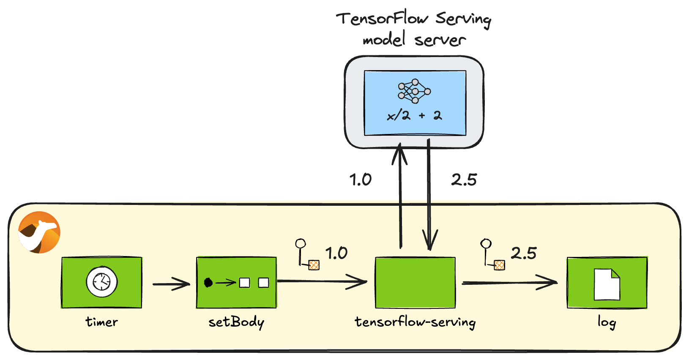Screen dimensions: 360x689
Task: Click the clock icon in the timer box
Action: point(101,281)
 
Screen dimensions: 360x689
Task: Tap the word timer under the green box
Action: point(101,322)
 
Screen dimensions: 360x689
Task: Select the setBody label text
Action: point(236,322)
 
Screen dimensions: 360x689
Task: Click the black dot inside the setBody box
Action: point(208,283)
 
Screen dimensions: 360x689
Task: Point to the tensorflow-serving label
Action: point(415,322)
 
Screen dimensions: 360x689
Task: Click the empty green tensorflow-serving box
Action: point(415,282)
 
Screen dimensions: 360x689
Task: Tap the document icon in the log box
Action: point(607,284)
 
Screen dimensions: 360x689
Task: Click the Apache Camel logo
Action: point(39,232)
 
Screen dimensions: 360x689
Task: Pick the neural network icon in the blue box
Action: point(414,91)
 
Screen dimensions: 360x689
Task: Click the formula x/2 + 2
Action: point(414,115)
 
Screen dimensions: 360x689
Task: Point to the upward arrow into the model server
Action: point(400,194)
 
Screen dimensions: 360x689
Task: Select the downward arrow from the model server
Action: point(429,194)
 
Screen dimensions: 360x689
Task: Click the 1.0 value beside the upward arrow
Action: point(361,180)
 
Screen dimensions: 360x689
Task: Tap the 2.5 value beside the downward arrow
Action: point(464,180)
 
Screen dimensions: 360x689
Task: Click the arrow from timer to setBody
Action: point(171,284)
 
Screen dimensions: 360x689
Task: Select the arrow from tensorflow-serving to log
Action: point(509,283)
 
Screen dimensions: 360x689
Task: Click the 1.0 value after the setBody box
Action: point(336,254)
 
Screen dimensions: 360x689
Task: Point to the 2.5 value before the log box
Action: point(523,254)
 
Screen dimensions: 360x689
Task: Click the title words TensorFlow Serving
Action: point(413,19)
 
